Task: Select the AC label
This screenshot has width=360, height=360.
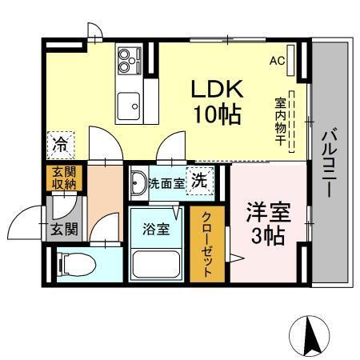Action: (277, 61)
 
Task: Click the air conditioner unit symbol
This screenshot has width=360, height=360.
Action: (290, 61)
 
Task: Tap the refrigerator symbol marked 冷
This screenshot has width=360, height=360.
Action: (61, 145)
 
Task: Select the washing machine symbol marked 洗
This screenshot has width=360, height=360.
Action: (199, 179)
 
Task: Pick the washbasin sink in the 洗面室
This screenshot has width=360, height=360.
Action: (138, 181)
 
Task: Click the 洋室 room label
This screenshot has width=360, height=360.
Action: (266, 213)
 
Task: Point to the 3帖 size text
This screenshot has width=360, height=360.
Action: (266, 236)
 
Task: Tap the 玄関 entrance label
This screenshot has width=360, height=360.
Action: (65, 230)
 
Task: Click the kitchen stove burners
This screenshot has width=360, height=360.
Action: (128, 57)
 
